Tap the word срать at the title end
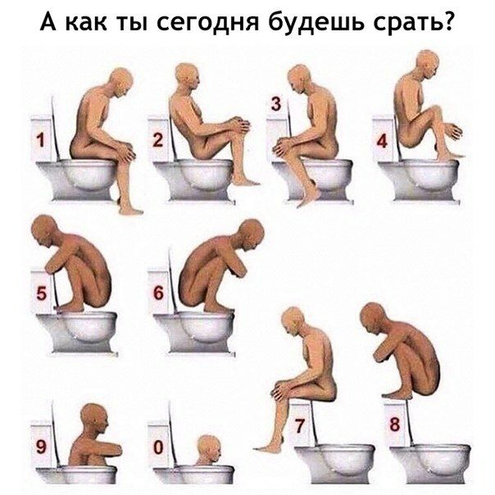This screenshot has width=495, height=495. [x=415, y=22]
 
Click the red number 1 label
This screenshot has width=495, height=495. [x=40, y=140]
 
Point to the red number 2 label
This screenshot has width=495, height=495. [x=158, y=140]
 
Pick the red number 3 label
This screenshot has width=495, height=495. [x=276, y=104]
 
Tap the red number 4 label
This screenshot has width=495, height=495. [x=382, y=141]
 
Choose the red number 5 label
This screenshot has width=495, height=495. [x=41, y=293]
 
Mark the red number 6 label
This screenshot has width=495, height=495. [x=158, y=293]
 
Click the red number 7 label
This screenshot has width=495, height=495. [x=299, y=425]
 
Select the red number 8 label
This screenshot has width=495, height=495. [x=395, y=425]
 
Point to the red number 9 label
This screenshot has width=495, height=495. [x=41, y=447]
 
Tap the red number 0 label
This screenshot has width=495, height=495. [x=158, y=447]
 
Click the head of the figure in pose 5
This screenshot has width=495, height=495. [x=44, y=229]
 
